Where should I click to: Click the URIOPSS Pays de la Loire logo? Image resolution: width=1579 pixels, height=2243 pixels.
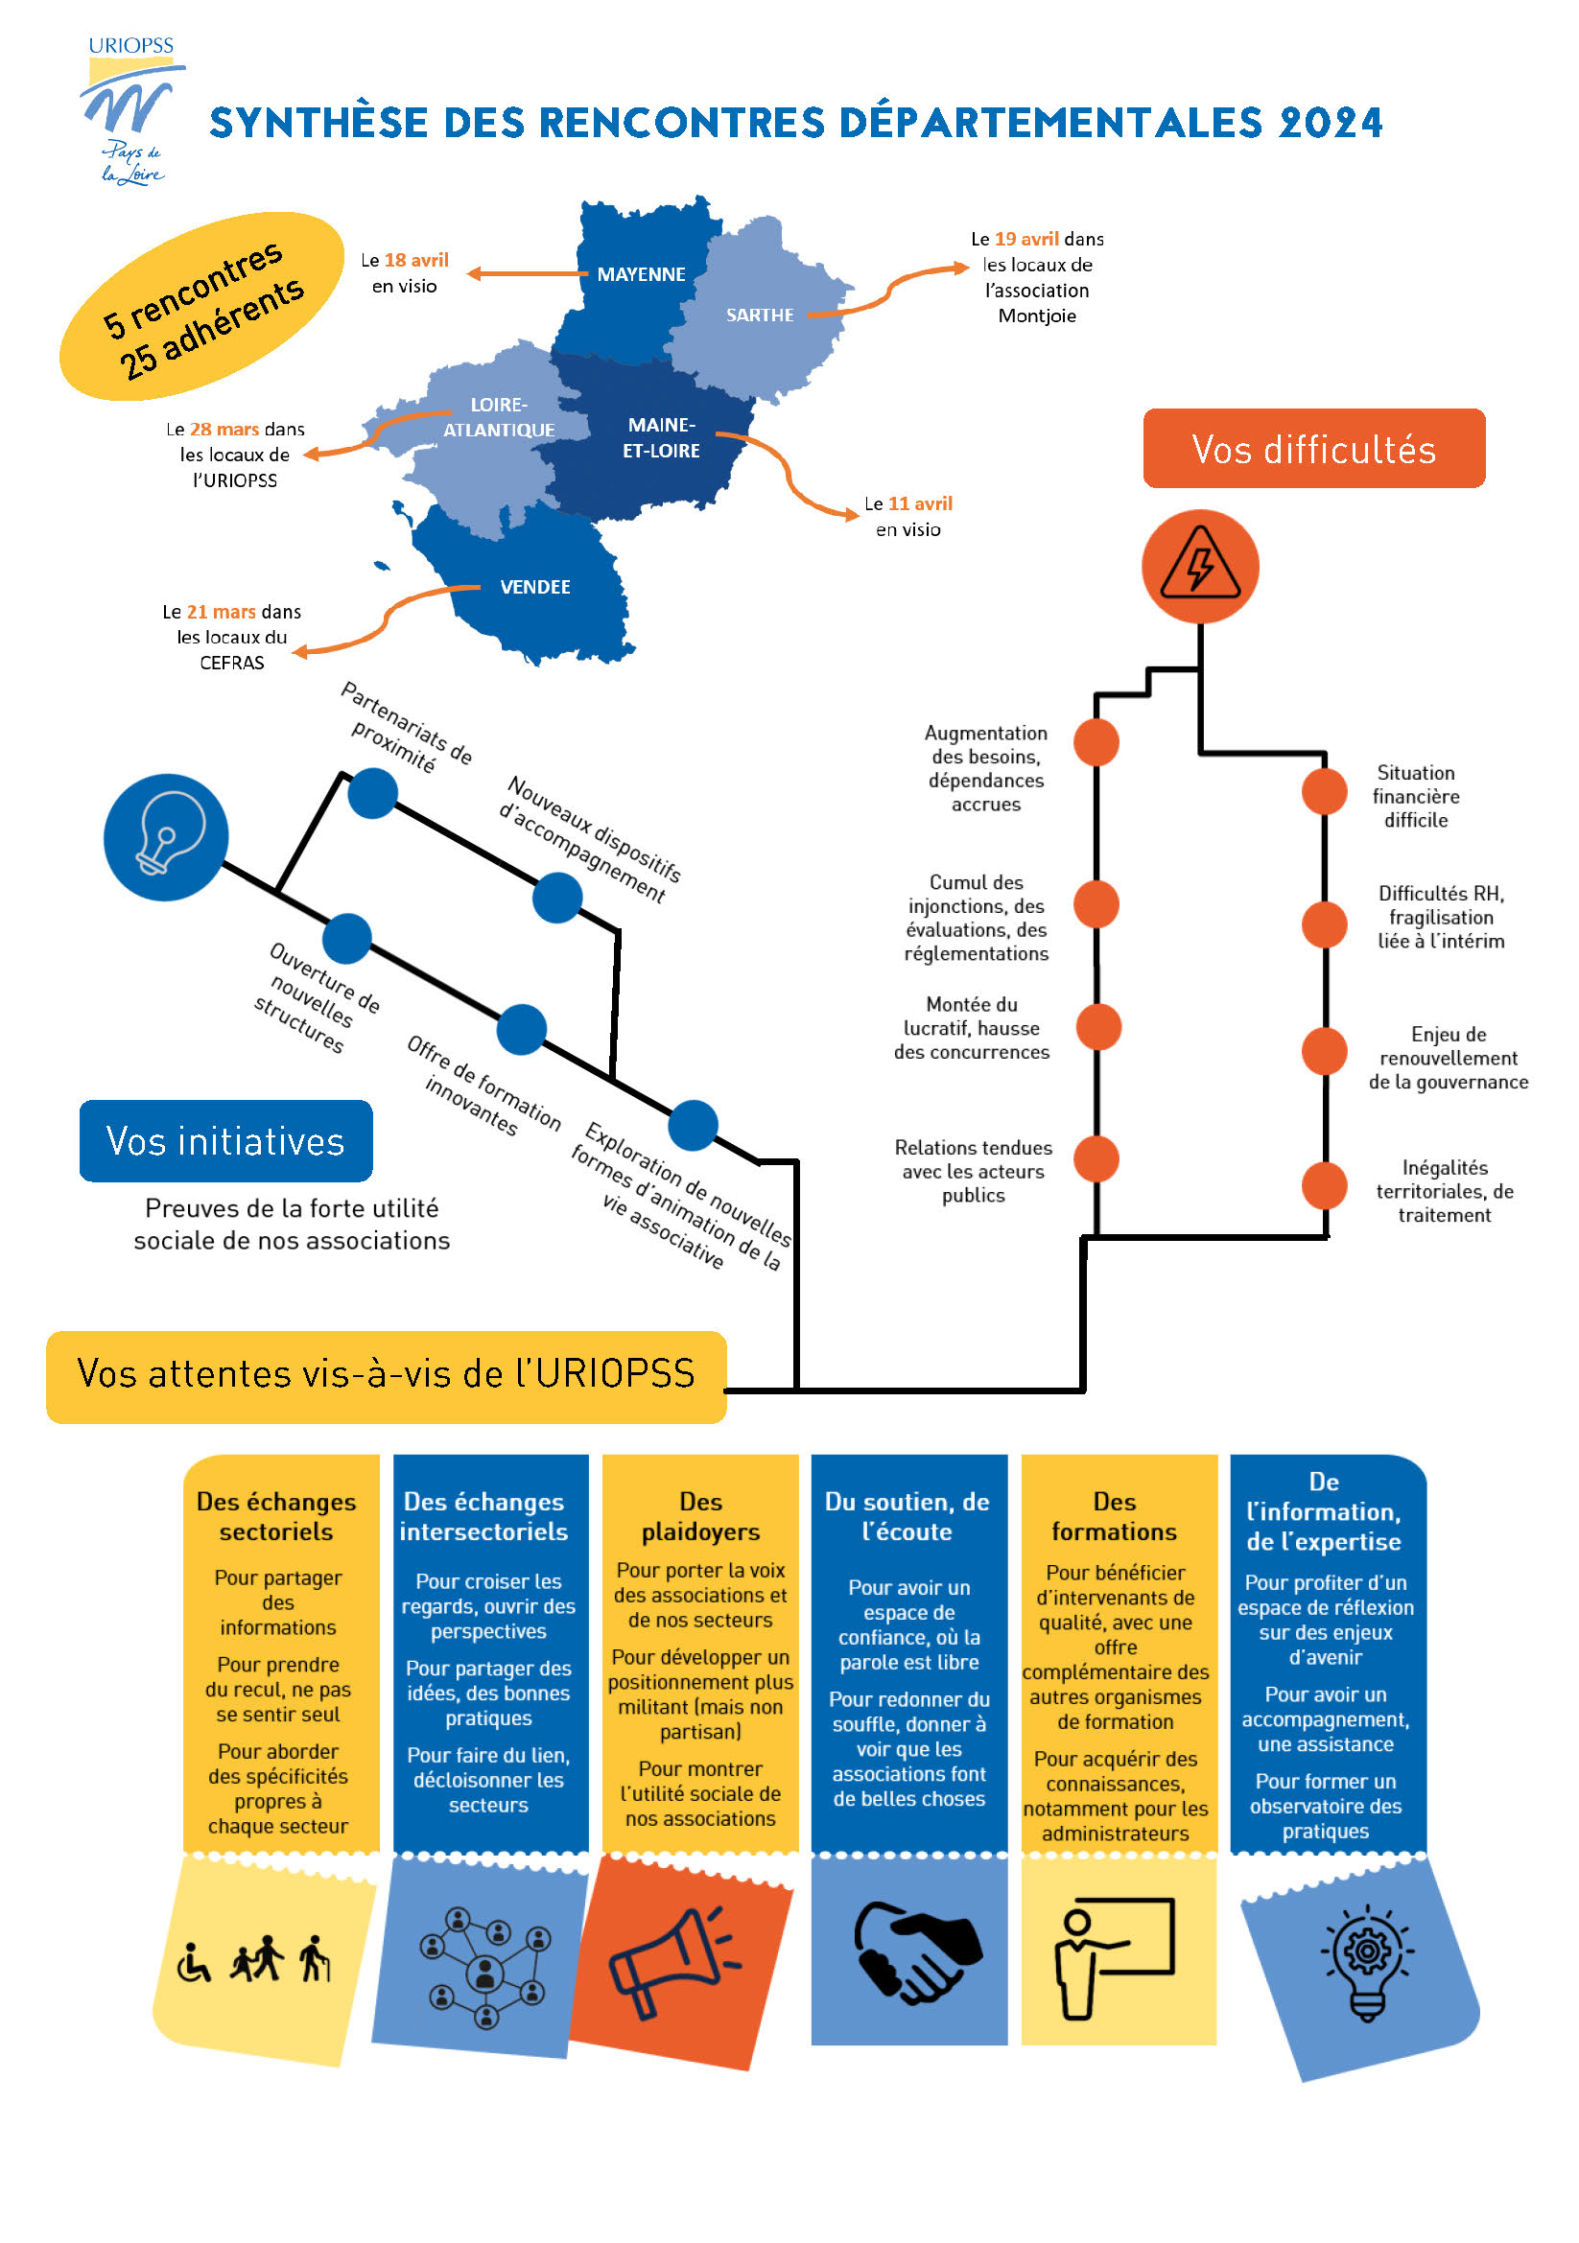pyautogui.click(x=130, y=110)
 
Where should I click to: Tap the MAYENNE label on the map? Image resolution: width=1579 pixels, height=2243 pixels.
pyautogui.click(x=641, y=274)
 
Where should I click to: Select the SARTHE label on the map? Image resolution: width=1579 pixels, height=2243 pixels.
pyautogui.click(x=759, y=315)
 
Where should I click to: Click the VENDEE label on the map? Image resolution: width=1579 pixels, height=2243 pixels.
pyautogui.click(x=534, y=586)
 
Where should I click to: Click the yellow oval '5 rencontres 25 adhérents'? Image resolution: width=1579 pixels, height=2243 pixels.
pyautogui.click(x=202, y=307)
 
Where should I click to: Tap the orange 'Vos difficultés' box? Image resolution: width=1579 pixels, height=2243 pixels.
pyautogui.click(x=1313, y=449)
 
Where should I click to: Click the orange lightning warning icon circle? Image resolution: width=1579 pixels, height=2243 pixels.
pyautogui.click(x=1200, y=566)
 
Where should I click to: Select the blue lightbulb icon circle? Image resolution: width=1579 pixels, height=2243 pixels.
pyautogui.click(x=166, y=836)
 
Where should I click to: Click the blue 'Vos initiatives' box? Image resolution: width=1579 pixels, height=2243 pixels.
pyautogui.click(x=225, y=1140)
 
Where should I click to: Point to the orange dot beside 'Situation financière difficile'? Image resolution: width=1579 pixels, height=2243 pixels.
pyautogui.click(x=1324, y=790)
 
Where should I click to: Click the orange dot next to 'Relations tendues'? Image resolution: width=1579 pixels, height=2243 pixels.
pyautogui.click(x=1096, y=1158)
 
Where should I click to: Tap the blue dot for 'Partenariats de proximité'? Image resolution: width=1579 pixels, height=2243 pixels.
pyautogui.click(x=372, y=792)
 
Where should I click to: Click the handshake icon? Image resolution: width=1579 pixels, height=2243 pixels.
pyautogui.click(x=916, y=1951)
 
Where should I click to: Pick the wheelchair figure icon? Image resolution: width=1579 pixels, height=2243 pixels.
pyautogui.click(x=194, y=1962)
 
